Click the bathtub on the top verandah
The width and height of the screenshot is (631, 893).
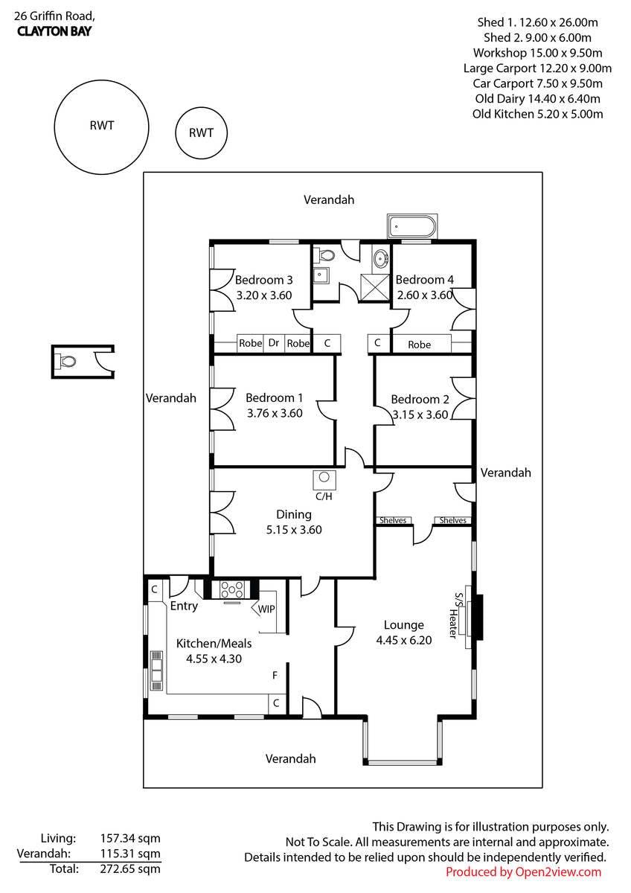(x=412, y=226)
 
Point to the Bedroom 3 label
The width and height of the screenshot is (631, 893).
(x=263, y=280)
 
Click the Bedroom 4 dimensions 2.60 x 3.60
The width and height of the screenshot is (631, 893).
(x=425, y=295)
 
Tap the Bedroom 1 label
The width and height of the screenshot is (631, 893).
(x=275, y=397)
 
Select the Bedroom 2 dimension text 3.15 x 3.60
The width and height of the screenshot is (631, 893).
(x=420, y=415)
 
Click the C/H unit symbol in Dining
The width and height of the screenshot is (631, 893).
(x=324, y=480)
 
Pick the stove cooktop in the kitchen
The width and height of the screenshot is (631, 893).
(x=232, y=589)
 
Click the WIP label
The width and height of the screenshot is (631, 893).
(x=266, y=609)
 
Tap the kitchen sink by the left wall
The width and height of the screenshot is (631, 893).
(x=156, y=670)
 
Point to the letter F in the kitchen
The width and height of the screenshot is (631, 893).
(x=275, y=675)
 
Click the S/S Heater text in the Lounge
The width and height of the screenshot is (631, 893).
(x=455, y=615)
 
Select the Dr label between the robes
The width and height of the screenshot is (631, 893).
(x=273, y=343)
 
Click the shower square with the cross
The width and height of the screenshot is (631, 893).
(x=374, y=288)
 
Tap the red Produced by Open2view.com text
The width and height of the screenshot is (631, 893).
(x=523, y=872)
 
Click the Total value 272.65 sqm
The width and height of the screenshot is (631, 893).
(x=130, y=868)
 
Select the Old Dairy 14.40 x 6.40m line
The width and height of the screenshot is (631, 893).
(x=537, y=98)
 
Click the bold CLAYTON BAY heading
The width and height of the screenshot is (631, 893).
(x=54, y=31)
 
